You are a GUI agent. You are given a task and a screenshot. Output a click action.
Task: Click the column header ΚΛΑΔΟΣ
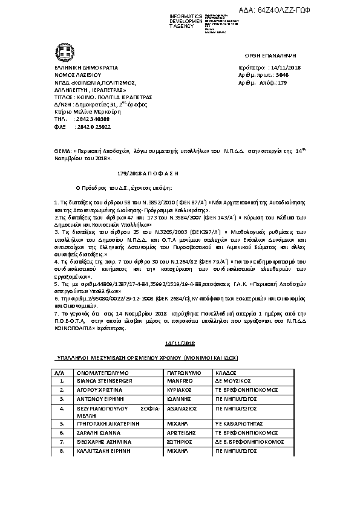tap(220, 374)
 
